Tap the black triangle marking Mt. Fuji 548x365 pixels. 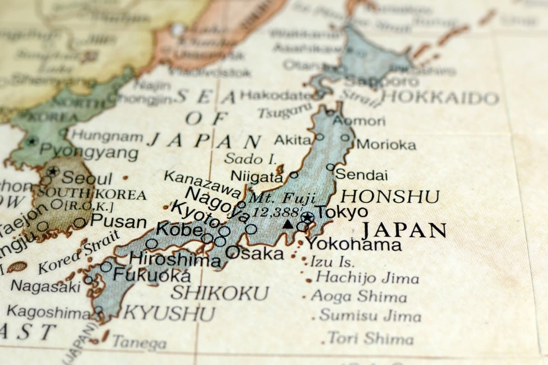click(288, 224)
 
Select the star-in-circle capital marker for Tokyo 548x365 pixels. click(307, 217)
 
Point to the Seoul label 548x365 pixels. click(87, 178)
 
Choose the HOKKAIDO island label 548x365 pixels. click(440, 98)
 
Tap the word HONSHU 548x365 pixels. click(390, 197)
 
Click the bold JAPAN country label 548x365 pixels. click(404, 231)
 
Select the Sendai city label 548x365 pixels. click(361, 175)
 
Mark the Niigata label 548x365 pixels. click(257, 176)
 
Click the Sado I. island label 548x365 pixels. click(250, 159)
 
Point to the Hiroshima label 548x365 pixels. click(175, 259)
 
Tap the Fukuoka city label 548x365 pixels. click(152, 275)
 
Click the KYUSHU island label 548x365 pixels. click(169, 313)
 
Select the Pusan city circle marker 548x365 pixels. click(79, 223)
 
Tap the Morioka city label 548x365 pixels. click(386, 145)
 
